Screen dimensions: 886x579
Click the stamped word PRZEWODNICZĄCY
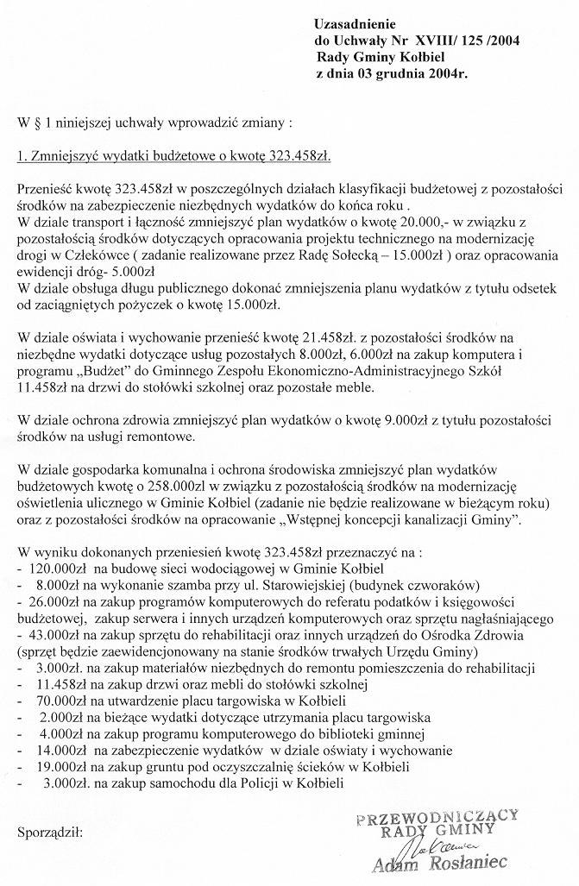443,814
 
